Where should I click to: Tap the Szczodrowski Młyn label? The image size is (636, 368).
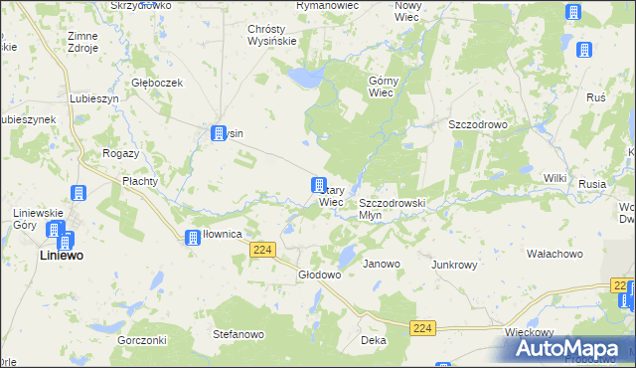coord(392,208)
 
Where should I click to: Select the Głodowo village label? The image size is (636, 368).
coord(320,276)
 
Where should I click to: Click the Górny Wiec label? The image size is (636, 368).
coord(383,87)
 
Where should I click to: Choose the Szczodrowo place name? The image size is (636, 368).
coord(478,125)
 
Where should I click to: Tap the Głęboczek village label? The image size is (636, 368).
coord(157,84)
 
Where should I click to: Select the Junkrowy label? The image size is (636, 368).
coord(454,266)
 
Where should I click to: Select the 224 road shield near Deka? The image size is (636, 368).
coord(423,328)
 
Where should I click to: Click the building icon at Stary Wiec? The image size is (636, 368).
coord(319,185)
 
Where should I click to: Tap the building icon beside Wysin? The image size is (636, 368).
coord(219,133)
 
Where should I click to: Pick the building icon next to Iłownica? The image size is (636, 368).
coord(192,237)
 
